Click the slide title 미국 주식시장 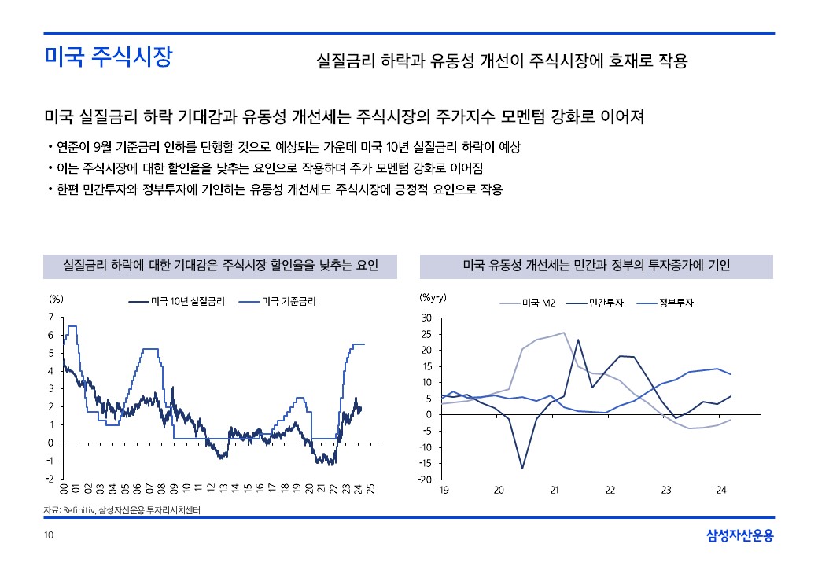point(108,57)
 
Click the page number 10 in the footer point(49,536)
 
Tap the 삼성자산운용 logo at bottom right point(739,536)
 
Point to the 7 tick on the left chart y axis point(51,317)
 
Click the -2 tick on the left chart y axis point(50,479)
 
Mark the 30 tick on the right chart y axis point(426,318)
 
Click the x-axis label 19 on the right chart point(443,491)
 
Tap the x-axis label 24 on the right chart point(720,491)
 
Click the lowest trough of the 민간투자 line point(522,469)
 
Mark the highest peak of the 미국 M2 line point(564,333)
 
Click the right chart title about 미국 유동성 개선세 point(596,266)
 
